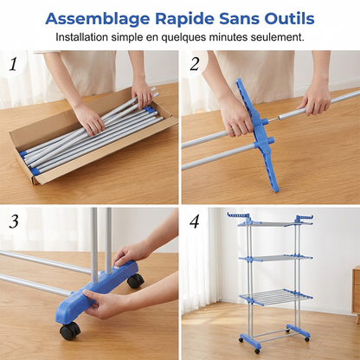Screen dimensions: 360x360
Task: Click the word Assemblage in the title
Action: (98, 20)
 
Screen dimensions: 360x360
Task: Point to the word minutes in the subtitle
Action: (228, 37)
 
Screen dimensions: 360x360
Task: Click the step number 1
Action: (13, 64)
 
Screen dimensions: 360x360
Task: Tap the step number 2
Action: (195, 64)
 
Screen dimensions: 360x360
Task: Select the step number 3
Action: (14, 222)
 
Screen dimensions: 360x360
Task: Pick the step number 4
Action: (195, 222)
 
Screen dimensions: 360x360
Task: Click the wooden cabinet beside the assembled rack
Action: (356, 294)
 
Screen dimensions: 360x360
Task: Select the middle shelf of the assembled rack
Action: (274, 258)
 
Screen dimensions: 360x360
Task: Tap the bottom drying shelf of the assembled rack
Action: (276, 296)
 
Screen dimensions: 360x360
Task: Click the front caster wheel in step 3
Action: (70, 331)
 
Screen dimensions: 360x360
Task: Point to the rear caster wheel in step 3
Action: (136, 280)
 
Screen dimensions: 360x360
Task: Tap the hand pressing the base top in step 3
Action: (131, 254)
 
